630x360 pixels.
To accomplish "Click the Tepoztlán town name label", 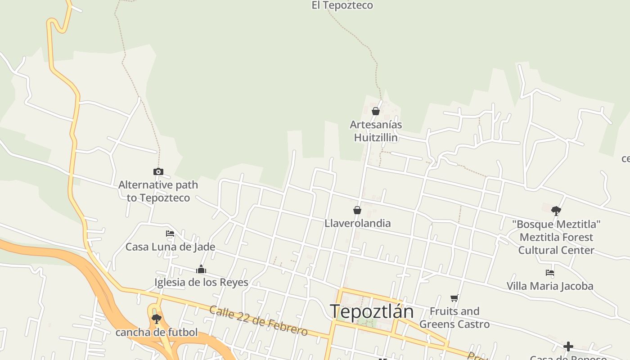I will [x=372, y=311].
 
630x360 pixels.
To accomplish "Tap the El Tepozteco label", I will [x=342, y=5].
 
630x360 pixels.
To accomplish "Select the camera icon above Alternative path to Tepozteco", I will [x=158, y=171].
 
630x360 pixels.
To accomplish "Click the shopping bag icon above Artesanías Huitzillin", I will [x=376, y=111].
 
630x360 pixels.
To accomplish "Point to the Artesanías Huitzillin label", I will [x=376, y=131].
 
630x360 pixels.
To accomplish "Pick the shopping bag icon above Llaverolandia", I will [x=357, y=210].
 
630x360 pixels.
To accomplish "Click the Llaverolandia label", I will [x=358, y=223].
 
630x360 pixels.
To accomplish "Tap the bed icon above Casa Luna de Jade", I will [x=170, y=234].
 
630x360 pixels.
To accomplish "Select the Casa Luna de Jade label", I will [x=170, y=247].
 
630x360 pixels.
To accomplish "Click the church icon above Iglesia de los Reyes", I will [x=201, y=270].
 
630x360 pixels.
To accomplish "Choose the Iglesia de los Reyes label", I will [x=201, y=283].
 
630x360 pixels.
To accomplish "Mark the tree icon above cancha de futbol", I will [x=157, y=319].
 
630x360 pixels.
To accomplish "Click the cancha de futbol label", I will [x=157, y=333].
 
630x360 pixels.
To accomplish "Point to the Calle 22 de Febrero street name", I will [x=258, y=321].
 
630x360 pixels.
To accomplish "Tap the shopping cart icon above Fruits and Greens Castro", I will [x=454, y=298].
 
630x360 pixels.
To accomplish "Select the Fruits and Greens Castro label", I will [x=454, y=317].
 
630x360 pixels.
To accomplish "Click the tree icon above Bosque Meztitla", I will [x=556, y=211].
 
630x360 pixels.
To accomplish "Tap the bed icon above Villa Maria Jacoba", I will [x=550, y=273].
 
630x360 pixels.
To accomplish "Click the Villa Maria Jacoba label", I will [x=550, y=286].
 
